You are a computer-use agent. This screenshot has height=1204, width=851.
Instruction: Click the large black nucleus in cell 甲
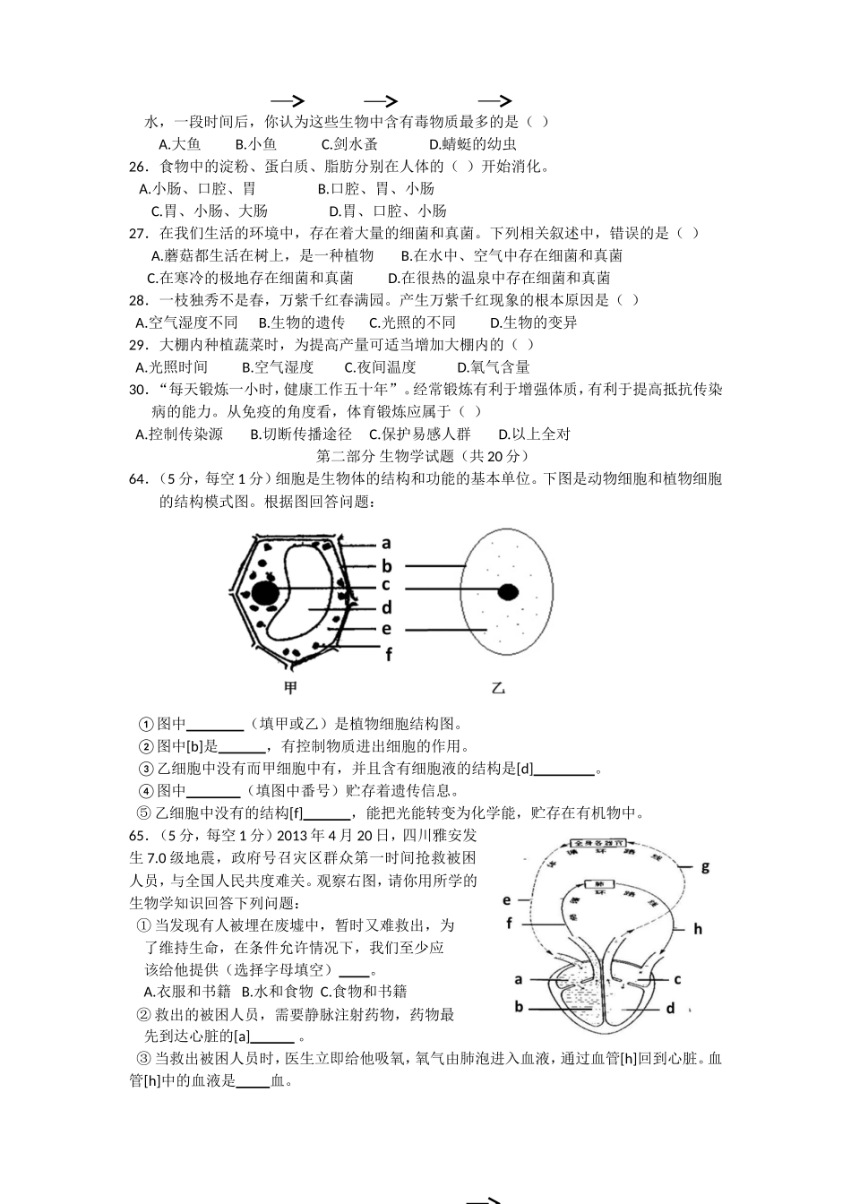pyautogui.click(x=263, y=592)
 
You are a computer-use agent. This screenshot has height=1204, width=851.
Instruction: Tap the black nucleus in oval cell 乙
pyautogui.click(x=508, y=590)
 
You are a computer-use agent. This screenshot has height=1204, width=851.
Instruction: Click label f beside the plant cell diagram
pyautogui.click(x=389, y=655)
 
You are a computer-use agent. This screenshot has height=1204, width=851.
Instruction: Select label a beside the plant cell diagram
pyautogui.click(x=386, y=543)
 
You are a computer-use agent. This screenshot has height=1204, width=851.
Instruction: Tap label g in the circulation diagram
pyautogui.click(x=705, y=866)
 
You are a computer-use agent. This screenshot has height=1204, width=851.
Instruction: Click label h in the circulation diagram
pyautogui.click(x=698, y=929)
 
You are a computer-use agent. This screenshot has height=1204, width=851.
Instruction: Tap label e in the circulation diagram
pyautogui.click(x=506, y=900)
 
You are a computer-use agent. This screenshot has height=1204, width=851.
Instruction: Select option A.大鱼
pyautogui.click(x=179, y=144)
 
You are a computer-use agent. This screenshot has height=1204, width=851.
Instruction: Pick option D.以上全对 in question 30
pyautogui.click(x=534, y=434)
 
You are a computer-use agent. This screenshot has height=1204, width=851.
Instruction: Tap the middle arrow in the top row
pyautogui.click(x=381, y=101)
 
